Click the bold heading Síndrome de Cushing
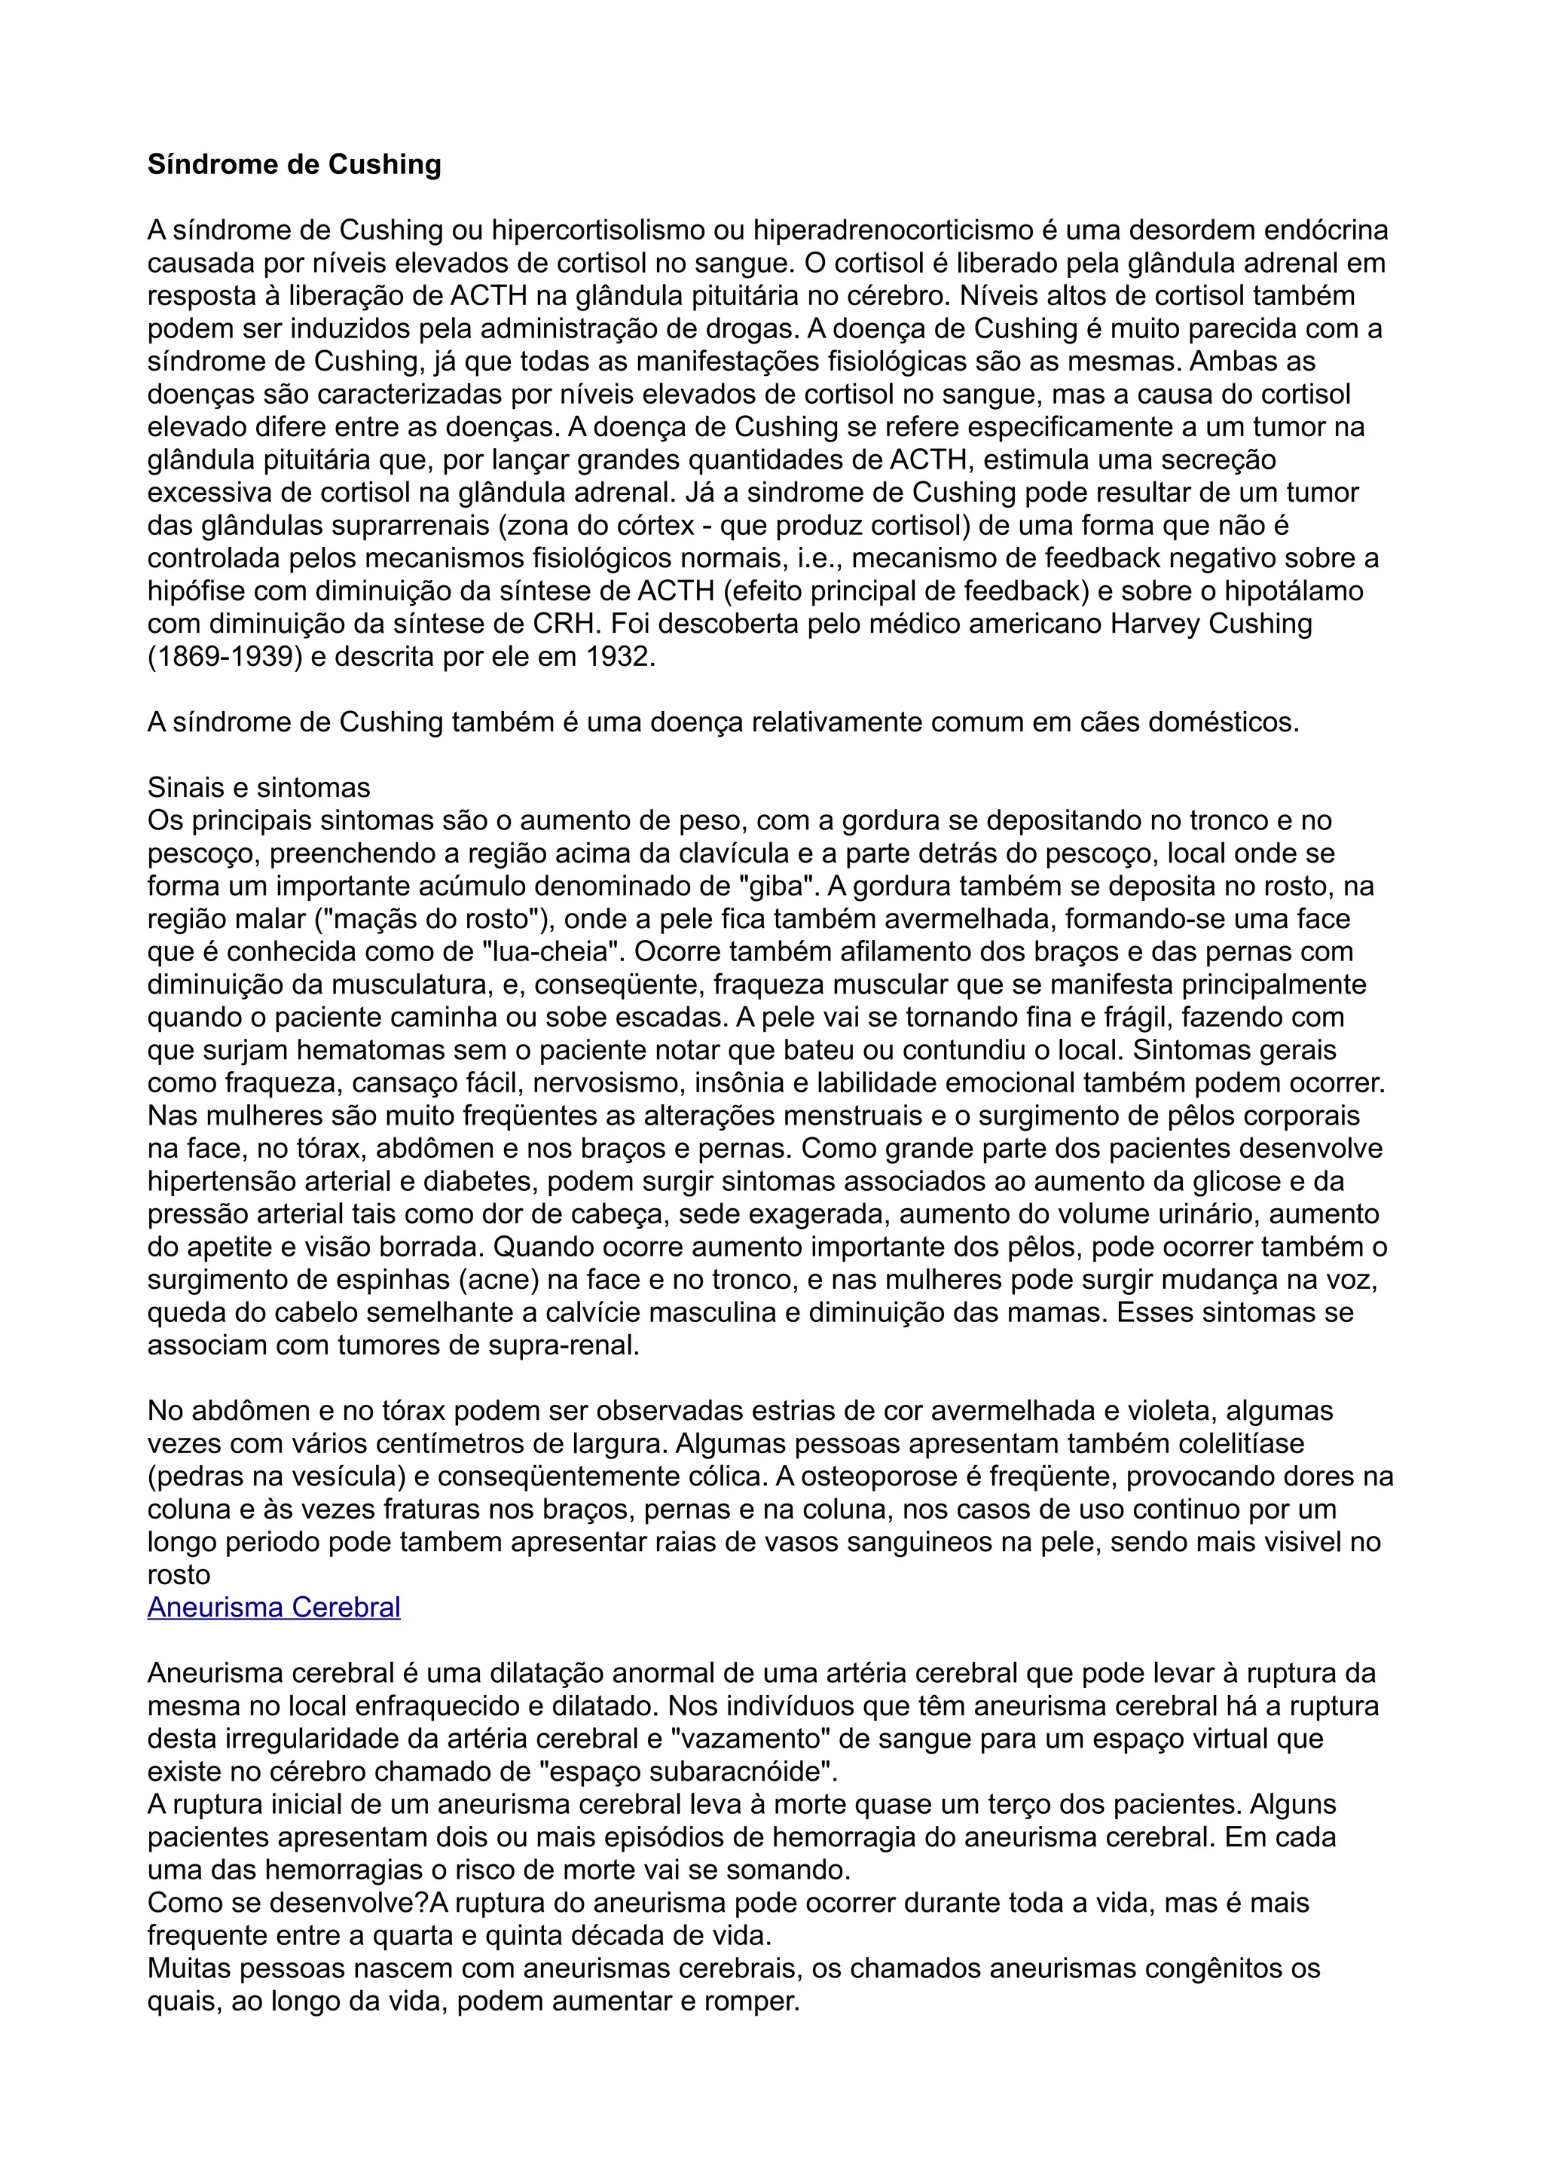294,166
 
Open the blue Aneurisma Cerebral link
273,1607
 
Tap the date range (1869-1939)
225,657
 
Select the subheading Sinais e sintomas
258,787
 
